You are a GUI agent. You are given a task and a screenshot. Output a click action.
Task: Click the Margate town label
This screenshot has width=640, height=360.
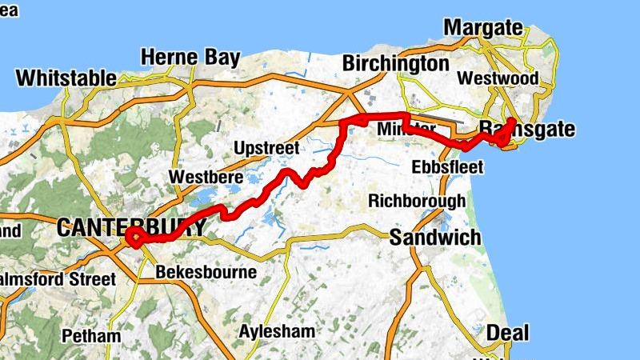tap(482, 27)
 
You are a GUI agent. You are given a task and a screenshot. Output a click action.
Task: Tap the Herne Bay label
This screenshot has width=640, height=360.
tap(190, 58)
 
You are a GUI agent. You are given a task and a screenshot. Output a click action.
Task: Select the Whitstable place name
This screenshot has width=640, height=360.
tap(66, 78)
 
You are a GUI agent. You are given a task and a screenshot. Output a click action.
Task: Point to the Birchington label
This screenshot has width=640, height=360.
tap(395, 63)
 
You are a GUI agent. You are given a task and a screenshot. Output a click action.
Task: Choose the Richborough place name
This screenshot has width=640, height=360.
tap(417, 200)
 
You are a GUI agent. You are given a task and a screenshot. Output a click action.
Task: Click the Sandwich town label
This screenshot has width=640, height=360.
tap(435, 237)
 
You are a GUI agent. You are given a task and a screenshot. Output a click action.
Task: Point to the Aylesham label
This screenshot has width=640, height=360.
tap(278, 331)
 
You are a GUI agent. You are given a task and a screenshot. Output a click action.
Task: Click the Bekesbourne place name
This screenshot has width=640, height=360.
tap(206, 272)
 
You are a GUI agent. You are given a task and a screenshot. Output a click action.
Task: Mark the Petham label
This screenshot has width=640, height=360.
tap(95, 336)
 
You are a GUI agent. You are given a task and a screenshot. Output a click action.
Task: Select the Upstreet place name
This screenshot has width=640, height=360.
tap(266, 148)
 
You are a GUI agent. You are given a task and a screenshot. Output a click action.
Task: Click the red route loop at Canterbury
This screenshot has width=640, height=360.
tap(134, 237)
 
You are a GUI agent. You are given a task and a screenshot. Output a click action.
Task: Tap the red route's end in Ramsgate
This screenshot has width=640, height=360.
tap(510, 121)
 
